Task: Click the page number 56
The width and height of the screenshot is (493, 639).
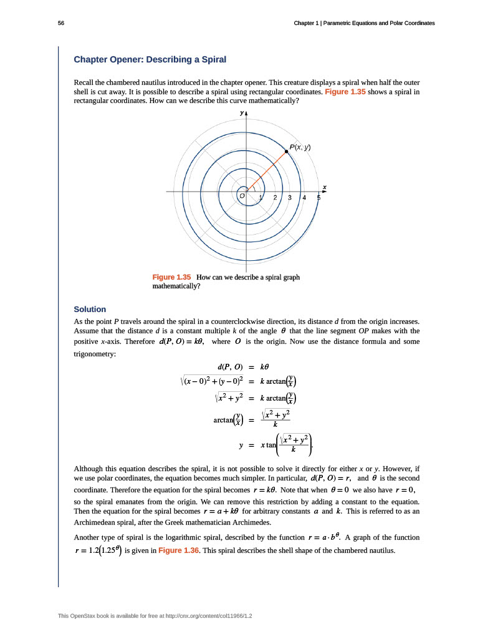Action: click(61, 23)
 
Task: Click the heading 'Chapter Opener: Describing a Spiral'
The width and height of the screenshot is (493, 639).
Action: click(150, 59)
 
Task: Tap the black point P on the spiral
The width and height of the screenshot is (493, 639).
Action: click(287, 151)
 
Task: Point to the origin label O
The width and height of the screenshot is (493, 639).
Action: click(242, 196)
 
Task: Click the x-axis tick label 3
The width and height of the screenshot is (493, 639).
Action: click(290, 198)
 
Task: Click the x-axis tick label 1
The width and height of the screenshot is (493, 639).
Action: click(261, 198)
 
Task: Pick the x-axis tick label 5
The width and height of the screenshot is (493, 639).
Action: click(318, 198)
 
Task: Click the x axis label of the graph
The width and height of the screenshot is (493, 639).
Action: click(325, 187)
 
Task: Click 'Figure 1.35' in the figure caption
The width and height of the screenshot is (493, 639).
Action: click(171, 276)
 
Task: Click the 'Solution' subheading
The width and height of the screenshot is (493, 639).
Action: click(90, 309)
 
